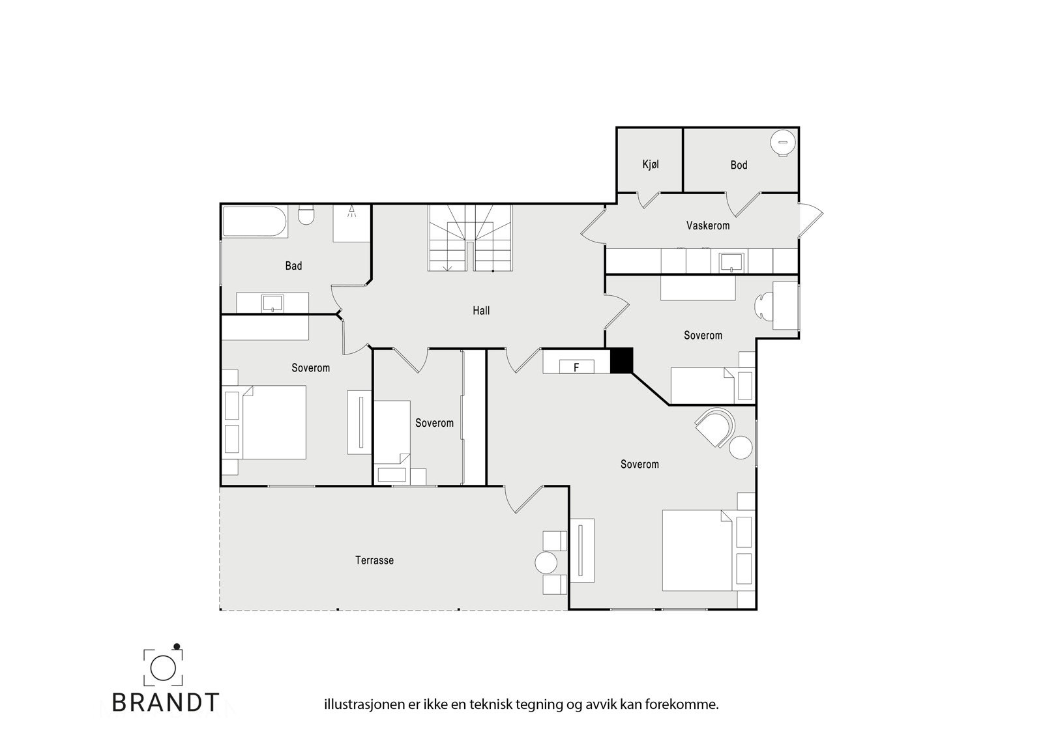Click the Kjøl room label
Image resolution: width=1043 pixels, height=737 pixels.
[650, 164]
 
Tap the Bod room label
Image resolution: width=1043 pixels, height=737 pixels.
[739, 165]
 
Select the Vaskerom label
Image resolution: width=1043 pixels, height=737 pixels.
[707, 225]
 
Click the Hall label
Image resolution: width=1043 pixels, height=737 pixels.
[481, 311]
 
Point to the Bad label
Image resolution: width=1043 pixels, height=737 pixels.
[293, 266]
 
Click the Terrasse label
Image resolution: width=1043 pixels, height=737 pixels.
[374, 560]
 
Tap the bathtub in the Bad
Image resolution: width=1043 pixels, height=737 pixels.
[254, 222]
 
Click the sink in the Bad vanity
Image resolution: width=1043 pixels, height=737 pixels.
[272, 302]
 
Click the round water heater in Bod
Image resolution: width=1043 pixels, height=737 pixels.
[782, 143]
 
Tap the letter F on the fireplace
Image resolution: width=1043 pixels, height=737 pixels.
[576, 368]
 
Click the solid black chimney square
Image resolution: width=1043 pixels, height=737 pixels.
[621, 361]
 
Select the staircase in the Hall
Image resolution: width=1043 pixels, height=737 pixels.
[470, 238]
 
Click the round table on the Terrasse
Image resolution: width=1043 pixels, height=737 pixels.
[546, 562]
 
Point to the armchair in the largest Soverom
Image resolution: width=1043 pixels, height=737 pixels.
[714, 427]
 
